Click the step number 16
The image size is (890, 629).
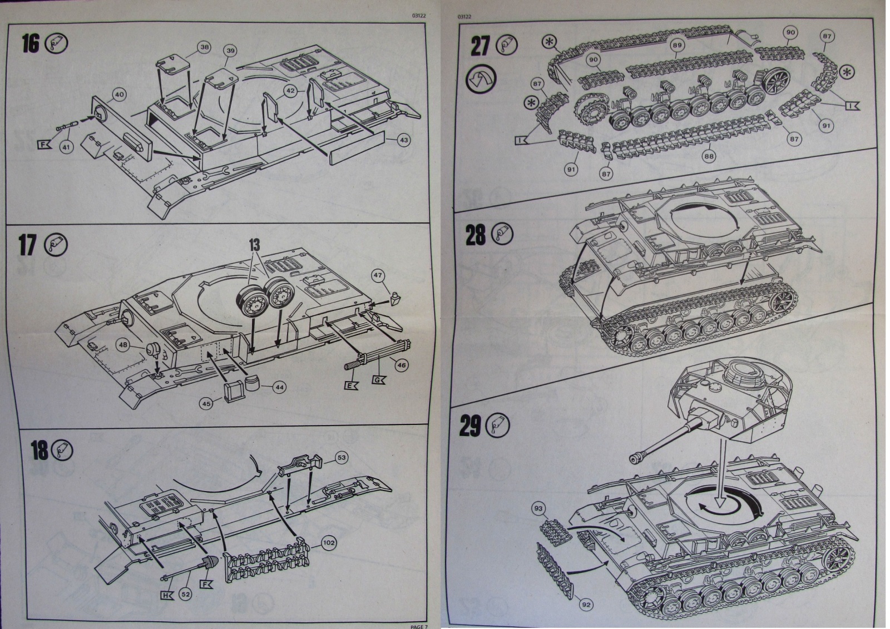(x=31, y=44)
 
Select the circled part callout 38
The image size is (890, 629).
(x=204, y=48)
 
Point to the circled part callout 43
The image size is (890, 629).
(x=403, y=140)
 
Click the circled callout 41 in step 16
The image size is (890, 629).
(x=67, y=147)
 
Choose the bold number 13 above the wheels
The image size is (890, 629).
(x=254, y=245)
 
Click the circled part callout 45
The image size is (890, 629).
(x=207, y=404)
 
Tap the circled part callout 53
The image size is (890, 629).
(x=342, y=458)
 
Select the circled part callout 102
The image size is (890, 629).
(x=329, y=542)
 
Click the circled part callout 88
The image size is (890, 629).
(x=709, y=156)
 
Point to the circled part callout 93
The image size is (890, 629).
(x=538, y=508)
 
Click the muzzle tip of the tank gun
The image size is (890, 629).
(x=634, y=458)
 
